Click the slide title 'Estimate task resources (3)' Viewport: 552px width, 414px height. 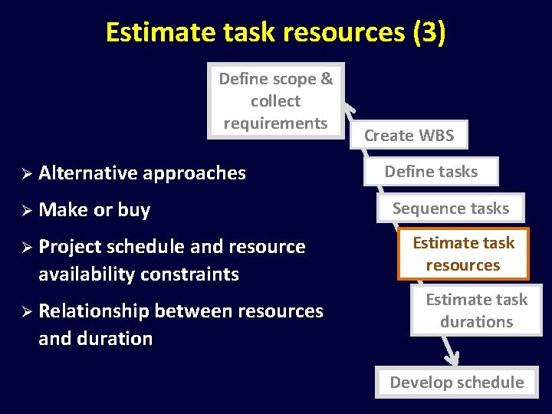275,32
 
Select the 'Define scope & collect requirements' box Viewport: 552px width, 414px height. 276,100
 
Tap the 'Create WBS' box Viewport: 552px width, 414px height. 409,136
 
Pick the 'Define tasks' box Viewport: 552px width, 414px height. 431,172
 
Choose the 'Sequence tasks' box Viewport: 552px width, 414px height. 451,208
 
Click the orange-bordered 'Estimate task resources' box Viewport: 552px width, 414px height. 463,254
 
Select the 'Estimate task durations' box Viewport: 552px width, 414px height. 476,310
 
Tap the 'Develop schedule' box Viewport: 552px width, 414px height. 457,382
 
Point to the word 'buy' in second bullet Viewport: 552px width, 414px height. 134,210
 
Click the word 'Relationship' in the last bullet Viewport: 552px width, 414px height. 94,310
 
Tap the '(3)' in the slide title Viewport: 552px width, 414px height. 428,32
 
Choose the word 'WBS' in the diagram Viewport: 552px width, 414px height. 436,136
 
